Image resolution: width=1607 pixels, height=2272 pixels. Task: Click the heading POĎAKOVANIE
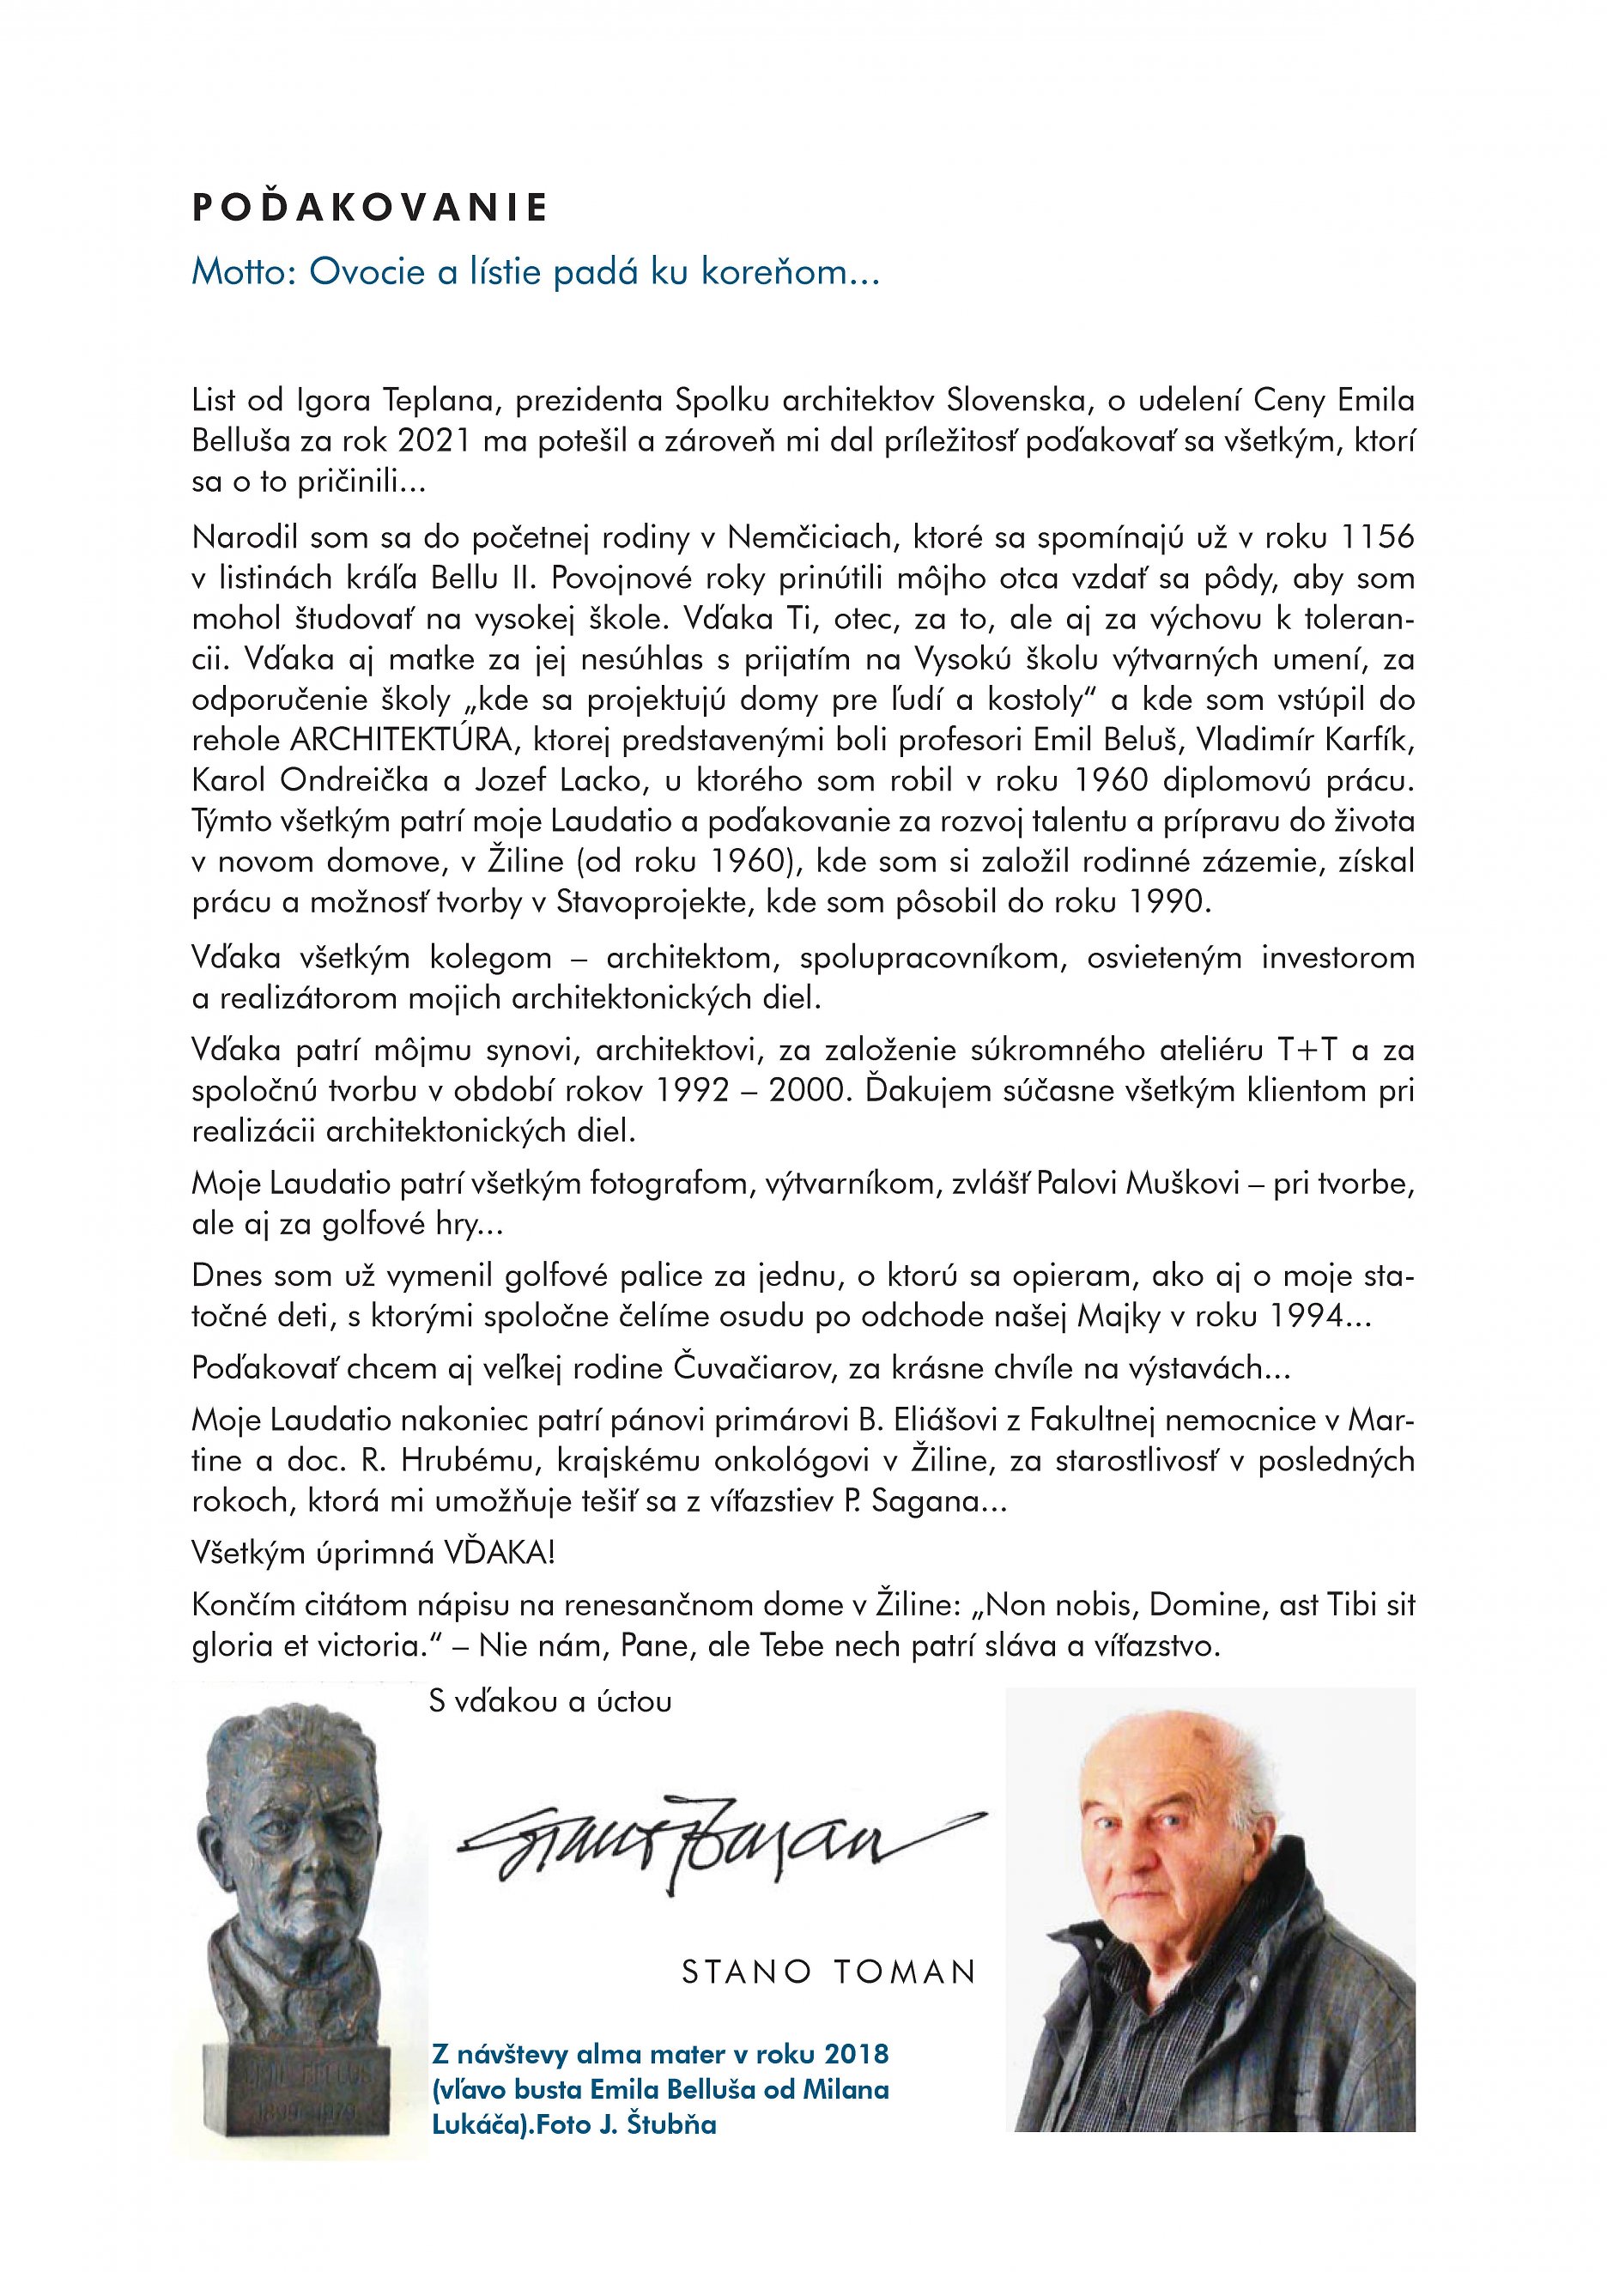pyautogui.click(x=370, y=208)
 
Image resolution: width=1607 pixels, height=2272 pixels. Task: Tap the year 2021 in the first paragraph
pyautogui.click(x=436, y=442)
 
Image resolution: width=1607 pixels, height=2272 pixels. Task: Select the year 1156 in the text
pyautogui.click(x=1374, y=538)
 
